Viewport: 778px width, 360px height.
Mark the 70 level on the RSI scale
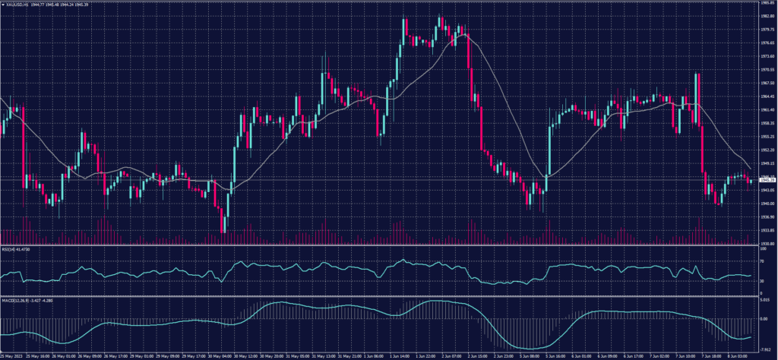tap(762, 261)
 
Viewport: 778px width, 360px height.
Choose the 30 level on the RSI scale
tap(762, 281)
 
